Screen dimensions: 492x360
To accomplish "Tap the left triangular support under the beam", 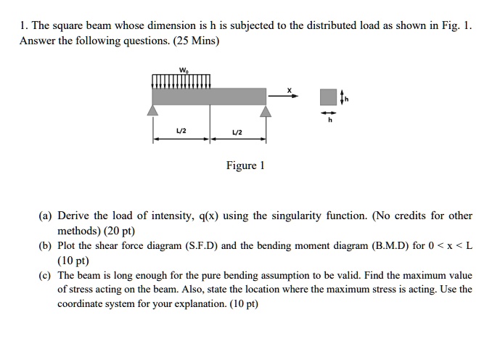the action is pos(153,110).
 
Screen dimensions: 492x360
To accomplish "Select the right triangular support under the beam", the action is pos(266,110).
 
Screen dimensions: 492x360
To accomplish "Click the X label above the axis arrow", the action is pos(288,90).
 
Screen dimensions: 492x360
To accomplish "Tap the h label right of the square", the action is pos(346,100).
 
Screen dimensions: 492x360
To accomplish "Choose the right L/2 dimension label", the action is pos(237,131).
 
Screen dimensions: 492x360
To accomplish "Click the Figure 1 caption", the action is pos(245,165).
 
